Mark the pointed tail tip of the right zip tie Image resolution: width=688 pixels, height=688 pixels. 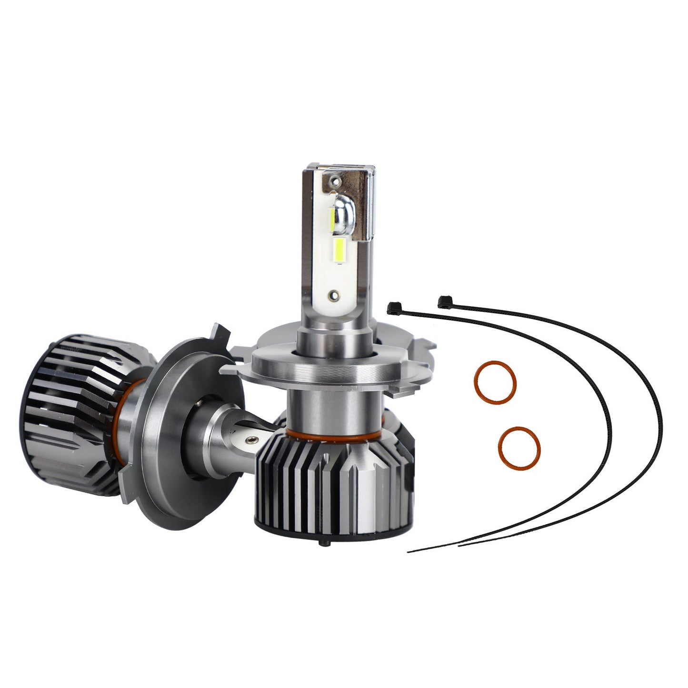[x=459, y=546]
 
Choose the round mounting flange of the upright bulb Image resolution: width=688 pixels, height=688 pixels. [x=329, y=367]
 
